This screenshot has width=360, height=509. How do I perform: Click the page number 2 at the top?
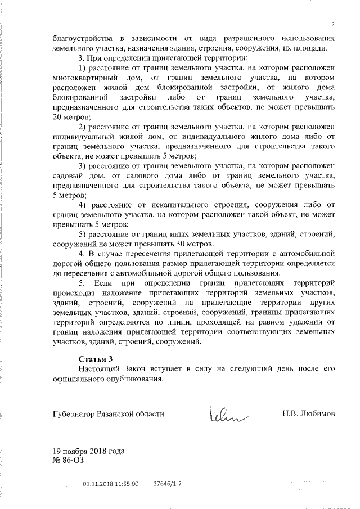333,24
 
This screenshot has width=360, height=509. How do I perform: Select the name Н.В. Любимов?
308,413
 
